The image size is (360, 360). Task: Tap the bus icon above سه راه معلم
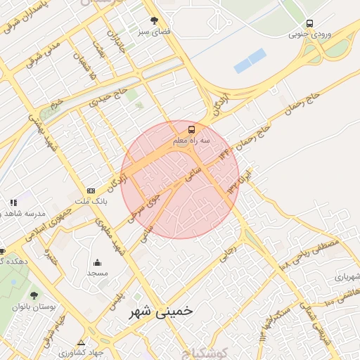[191, 130]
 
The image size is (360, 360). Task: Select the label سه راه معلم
[191, 141]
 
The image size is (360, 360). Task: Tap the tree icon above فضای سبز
[154, 20]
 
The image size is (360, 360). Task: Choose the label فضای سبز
[153, 32]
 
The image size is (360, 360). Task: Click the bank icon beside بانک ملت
[91, 191]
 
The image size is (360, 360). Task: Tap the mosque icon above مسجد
[96, 262]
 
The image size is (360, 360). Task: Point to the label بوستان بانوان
[34, 307]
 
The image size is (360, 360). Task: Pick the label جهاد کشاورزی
[81, 352]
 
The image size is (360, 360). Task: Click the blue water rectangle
[250, 60]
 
